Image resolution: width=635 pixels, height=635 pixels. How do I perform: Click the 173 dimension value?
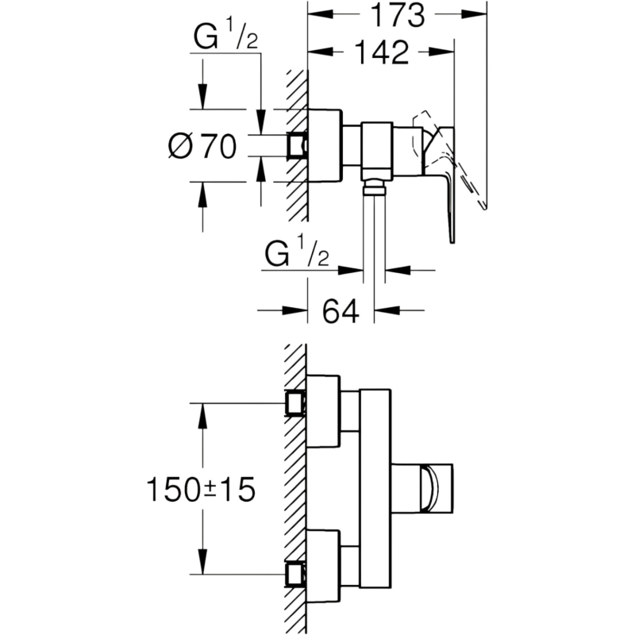pyautogui.click(x=398, y=15)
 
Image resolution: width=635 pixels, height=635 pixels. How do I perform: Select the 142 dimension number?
pyautogui.click(x=382, y=52)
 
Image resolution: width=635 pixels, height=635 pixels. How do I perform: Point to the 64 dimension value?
pyautogui.click(x=341, y=311)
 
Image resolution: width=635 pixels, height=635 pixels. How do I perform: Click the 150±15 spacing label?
pyautogui.click(x=201, y=489)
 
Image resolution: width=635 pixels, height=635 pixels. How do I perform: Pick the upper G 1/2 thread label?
pyautogui.click(x=225, y=36)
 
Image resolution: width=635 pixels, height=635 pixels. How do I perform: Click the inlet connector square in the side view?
pyautogui.click(x=297, y=145)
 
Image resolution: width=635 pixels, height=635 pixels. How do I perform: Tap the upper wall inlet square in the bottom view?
pyautogui.click(x=296, y=403)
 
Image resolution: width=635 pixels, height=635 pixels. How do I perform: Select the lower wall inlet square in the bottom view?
pyautogui.click(x=296, y=574)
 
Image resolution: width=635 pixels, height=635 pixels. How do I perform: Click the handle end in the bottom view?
pyautogui.click(x=436, y=489)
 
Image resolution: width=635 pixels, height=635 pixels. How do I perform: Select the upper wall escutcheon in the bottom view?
pyautogui.click(x=323, y=411)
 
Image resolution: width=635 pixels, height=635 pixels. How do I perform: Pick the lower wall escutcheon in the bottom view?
pyautogui.click(x=323, y=566)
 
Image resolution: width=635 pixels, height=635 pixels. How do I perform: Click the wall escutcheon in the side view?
pyautogui.click(x=325, y=145)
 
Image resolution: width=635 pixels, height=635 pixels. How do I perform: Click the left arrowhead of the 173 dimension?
pyautogui.click(x=321, y=14)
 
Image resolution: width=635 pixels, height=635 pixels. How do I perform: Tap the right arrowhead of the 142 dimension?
pyautogui.click(x=442, y=52)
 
